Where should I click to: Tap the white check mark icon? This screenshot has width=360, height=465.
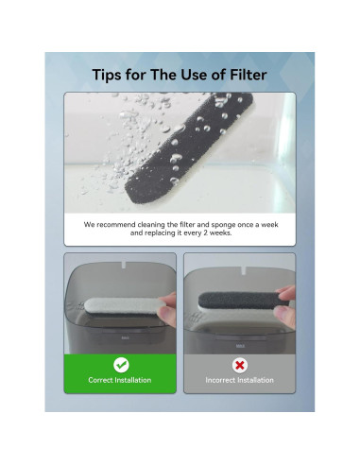tap(120, 364)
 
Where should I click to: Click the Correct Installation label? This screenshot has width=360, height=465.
tap(120, 380)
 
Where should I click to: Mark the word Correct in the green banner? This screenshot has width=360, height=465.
tap(102, 380)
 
